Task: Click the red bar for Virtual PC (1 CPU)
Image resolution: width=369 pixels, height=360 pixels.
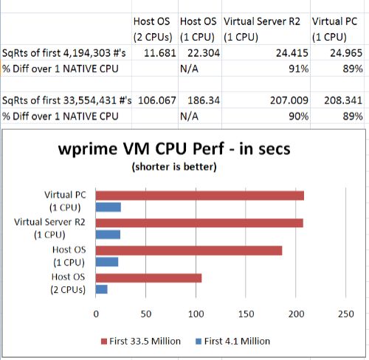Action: pyautogui.click(x=200, y=195)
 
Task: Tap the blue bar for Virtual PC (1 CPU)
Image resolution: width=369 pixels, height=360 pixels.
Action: pyautogui.click(x=108, y=207)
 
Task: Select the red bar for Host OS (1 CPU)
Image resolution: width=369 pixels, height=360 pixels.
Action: pyautogui.click(x=189, y=250)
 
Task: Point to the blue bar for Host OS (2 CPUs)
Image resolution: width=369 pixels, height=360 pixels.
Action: pyautogui.click(x=102, y=288)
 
